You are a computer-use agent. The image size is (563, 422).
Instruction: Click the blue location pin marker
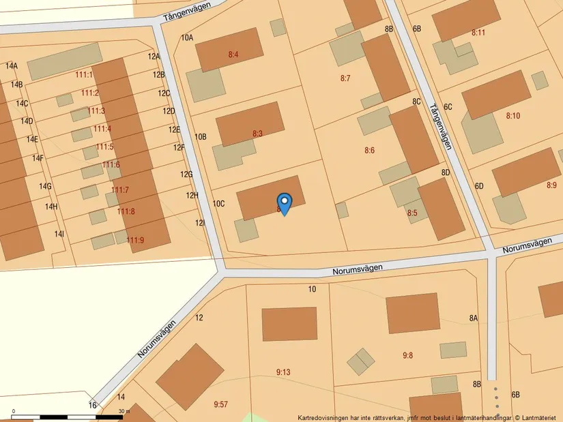(x=285, y=203)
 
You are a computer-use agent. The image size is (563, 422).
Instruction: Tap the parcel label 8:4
(x=233, y=54)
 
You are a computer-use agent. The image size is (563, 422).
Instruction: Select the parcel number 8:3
(x=257, y=134)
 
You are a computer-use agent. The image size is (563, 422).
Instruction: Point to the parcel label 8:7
(x=345, y=78)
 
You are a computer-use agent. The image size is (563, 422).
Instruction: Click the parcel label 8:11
(x=478, y=32)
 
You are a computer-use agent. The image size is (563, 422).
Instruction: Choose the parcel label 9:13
(x=283, y=372)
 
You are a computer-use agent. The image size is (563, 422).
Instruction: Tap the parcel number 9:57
(x=220, y=404)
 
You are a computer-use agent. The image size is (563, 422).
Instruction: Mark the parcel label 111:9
(x=135, y=240)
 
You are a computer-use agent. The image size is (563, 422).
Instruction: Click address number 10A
(x=187, y=38)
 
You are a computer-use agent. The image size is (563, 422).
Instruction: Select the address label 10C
(x=218, y=204)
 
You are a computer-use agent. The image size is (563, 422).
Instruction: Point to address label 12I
(x=200, y=223)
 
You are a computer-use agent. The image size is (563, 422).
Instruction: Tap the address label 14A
(x=12, y=66)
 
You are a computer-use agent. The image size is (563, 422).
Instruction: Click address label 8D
(x=446, y=172)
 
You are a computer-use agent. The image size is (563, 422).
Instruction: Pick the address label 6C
(x=448, y=107)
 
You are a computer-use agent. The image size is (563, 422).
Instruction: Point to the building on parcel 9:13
(x=289, y=324)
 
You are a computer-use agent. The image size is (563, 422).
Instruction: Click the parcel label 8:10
(x=513, y=116)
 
